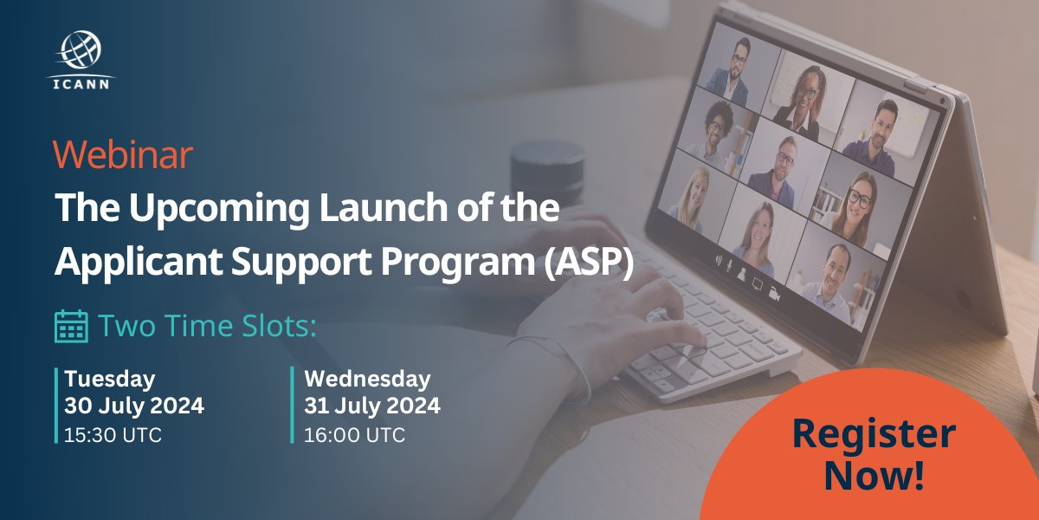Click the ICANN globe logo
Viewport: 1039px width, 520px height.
point(81,50)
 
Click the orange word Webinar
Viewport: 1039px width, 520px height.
point(122,156)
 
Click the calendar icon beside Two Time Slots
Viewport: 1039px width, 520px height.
point(70,326)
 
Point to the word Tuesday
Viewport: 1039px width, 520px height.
point(110,379)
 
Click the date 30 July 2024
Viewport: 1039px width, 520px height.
point(134,406)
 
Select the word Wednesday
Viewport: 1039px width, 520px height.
point(367,379)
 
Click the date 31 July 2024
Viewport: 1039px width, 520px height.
point(372,406)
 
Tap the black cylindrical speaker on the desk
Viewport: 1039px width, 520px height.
point(545,173)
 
